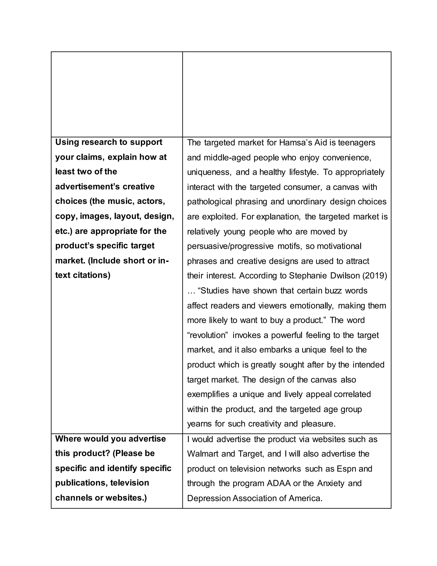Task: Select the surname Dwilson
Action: (345, 276)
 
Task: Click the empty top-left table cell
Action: (117, 94)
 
